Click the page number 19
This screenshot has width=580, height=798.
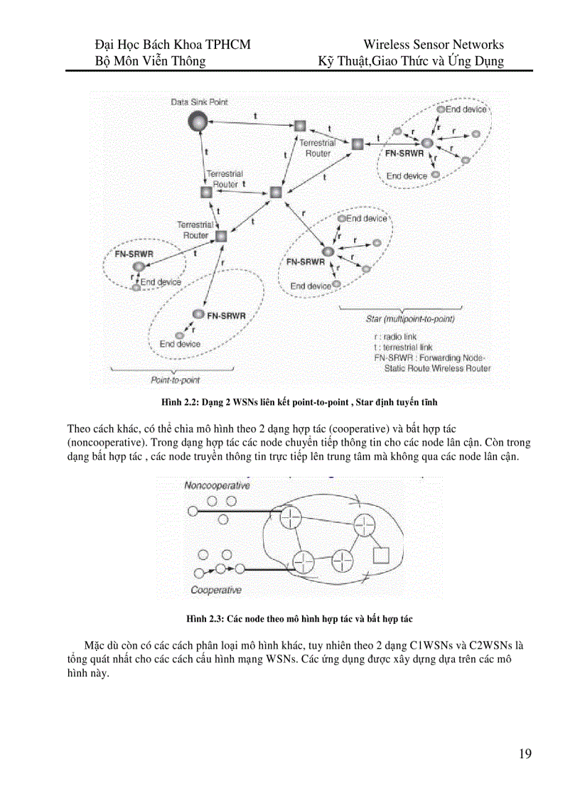coord(525,755)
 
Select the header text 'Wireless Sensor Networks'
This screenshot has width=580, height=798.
coord(433,45)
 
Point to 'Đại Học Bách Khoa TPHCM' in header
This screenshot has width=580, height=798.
coord(173,45)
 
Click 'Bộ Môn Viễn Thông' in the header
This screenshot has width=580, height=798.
coord(151,61)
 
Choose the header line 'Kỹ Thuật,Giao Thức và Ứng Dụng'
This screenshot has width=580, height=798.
coord(412,61)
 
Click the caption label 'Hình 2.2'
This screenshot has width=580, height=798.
coord(182,404)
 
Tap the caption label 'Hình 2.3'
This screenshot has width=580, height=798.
coord(205,619)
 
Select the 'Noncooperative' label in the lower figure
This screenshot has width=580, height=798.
coord(217,486)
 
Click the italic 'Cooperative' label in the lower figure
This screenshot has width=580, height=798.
coord(216,590)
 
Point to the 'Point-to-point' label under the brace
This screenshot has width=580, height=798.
coord(175,380)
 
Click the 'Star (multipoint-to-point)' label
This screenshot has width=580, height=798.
coord(410,319)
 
